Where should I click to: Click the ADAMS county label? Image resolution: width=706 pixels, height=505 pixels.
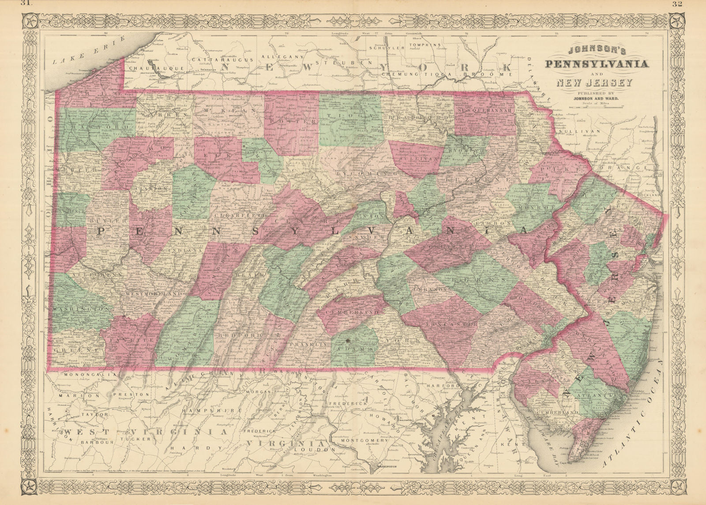tap(355, 349)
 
